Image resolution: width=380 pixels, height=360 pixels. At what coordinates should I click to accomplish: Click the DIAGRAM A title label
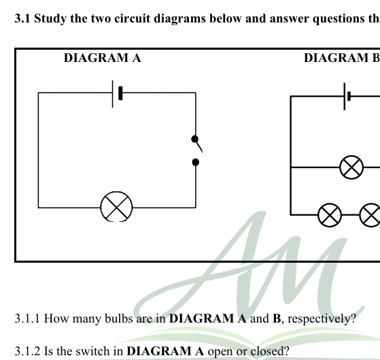[x=102, y=58]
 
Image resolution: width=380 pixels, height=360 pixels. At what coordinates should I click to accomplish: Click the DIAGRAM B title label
[x=342, y=58]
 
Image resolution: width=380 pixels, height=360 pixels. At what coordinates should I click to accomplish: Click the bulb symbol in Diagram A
[x=116, y=207]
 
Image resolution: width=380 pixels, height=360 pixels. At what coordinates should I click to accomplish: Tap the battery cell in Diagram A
[x=118, y=94]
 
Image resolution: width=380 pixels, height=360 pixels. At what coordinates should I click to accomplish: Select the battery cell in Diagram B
[x=347, y=97]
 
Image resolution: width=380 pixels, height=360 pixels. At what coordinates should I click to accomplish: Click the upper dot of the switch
[x=195, y=139]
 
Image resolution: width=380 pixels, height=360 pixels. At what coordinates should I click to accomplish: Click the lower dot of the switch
[x=196, y=162]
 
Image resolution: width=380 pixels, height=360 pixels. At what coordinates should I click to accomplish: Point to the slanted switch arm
[x=198, y=146]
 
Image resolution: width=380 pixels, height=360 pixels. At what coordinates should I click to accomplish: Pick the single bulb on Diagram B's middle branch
[x=351, y=167]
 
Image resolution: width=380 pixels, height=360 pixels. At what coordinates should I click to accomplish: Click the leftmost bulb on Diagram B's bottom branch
[x=330, y=215]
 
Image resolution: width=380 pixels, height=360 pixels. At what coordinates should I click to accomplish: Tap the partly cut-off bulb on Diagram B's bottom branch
[x=370, y=215]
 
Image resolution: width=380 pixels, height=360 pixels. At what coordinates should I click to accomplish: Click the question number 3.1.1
[x=27, y=318]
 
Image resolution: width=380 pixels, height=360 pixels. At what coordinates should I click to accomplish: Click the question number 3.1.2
[x=28, y=351]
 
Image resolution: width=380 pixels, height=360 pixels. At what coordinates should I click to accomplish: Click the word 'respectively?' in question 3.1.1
[x=322, y=319]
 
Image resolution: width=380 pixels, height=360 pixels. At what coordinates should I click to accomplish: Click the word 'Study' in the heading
[x=50, y=19]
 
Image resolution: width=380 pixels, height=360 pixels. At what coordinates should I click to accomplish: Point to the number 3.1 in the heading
[x=22, y=18]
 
